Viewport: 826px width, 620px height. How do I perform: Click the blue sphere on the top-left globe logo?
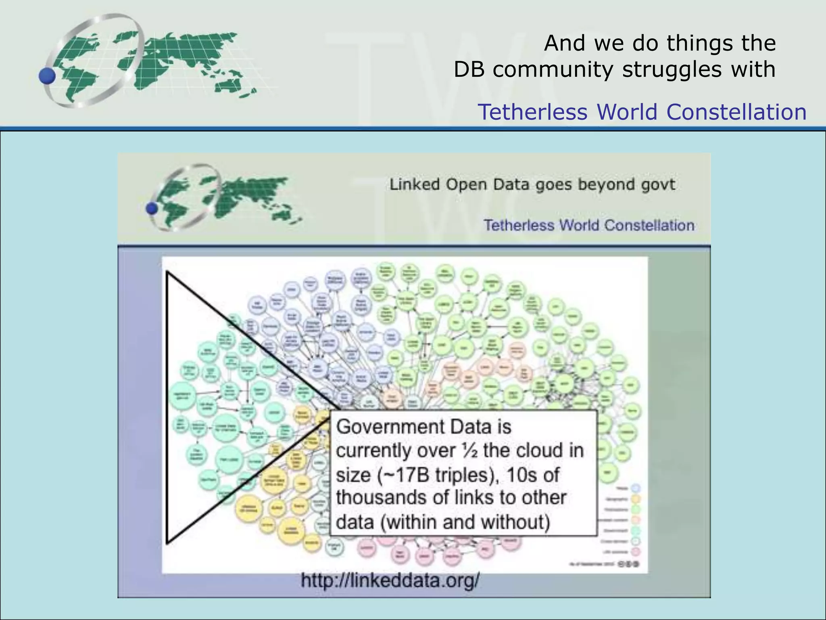(47, 76)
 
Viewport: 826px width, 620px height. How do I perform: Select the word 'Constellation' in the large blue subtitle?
(736, 112)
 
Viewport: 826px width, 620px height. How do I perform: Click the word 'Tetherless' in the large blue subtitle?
(533, 112)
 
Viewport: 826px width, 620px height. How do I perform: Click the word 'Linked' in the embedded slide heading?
(414, 184)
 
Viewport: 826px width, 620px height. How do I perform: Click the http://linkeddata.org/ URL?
(390, 581)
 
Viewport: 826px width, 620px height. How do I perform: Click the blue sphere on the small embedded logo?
(152, 208)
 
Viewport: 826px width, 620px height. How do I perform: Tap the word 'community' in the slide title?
(555, 69)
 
